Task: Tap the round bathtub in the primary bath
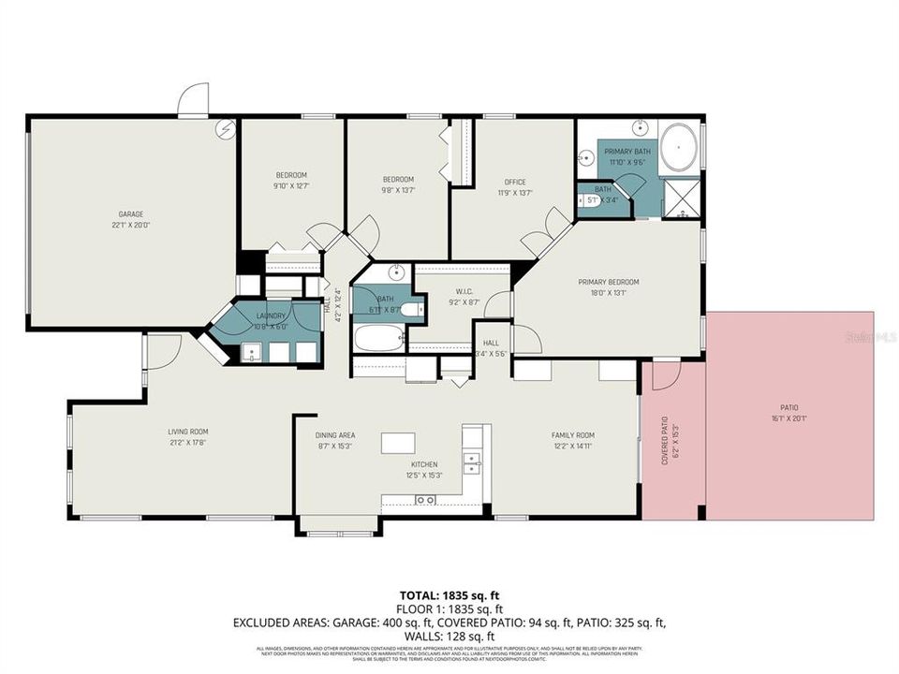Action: (x=677, y=149)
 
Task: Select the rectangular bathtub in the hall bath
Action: (x=378, y=338)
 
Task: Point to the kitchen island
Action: (x=397, y=442)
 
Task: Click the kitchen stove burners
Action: (x=425, y=500)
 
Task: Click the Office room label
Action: (x=515, y=182)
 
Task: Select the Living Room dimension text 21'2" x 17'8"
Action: (x=186, y=443)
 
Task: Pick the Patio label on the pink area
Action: (x=789, y=407)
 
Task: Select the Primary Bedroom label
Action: (x=608, y=282)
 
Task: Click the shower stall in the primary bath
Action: (x=681, y=198)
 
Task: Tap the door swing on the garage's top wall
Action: (x=193, y=99)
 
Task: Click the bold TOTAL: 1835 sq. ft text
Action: (x=449, y=594)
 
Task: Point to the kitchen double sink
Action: (x=471, y=460)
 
